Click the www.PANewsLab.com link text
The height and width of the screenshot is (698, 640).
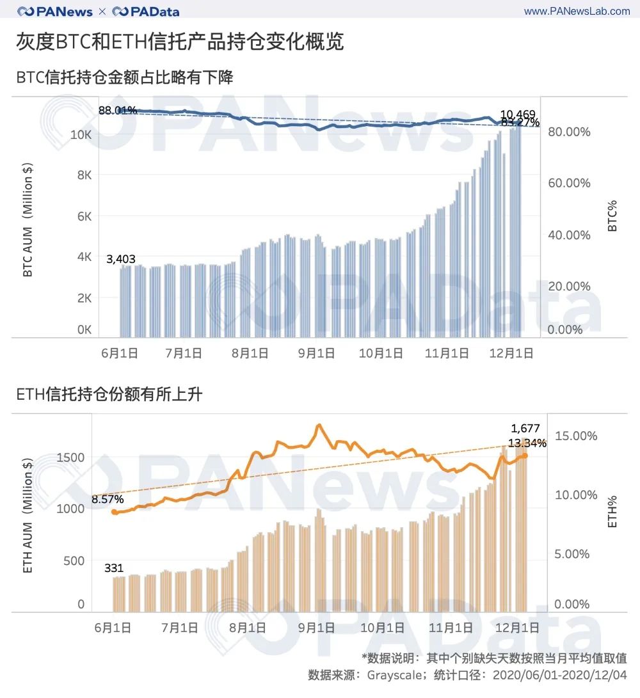577,11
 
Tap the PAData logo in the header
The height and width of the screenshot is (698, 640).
145,12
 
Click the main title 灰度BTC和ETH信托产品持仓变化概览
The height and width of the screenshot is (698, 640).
180,42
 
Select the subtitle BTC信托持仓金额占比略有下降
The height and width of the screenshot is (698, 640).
125,78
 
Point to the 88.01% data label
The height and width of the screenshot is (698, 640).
118,110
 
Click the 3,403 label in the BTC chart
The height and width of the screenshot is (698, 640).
121,258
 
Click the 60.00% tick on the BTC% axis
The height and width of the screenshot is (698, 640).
569,183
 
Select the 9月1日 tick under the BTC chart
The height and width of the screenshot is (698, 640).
316,353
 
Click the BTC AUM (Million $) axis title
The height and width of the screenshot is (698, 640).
28,220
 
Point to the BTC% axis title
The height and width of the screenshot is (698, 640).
612,216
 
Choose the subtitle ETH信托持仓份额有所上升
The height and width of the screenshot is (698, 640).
109,395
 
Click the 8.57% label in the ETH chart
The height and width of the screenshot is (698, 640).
108,499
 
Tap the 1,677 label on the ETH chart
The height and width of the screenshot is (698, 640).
525,429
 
